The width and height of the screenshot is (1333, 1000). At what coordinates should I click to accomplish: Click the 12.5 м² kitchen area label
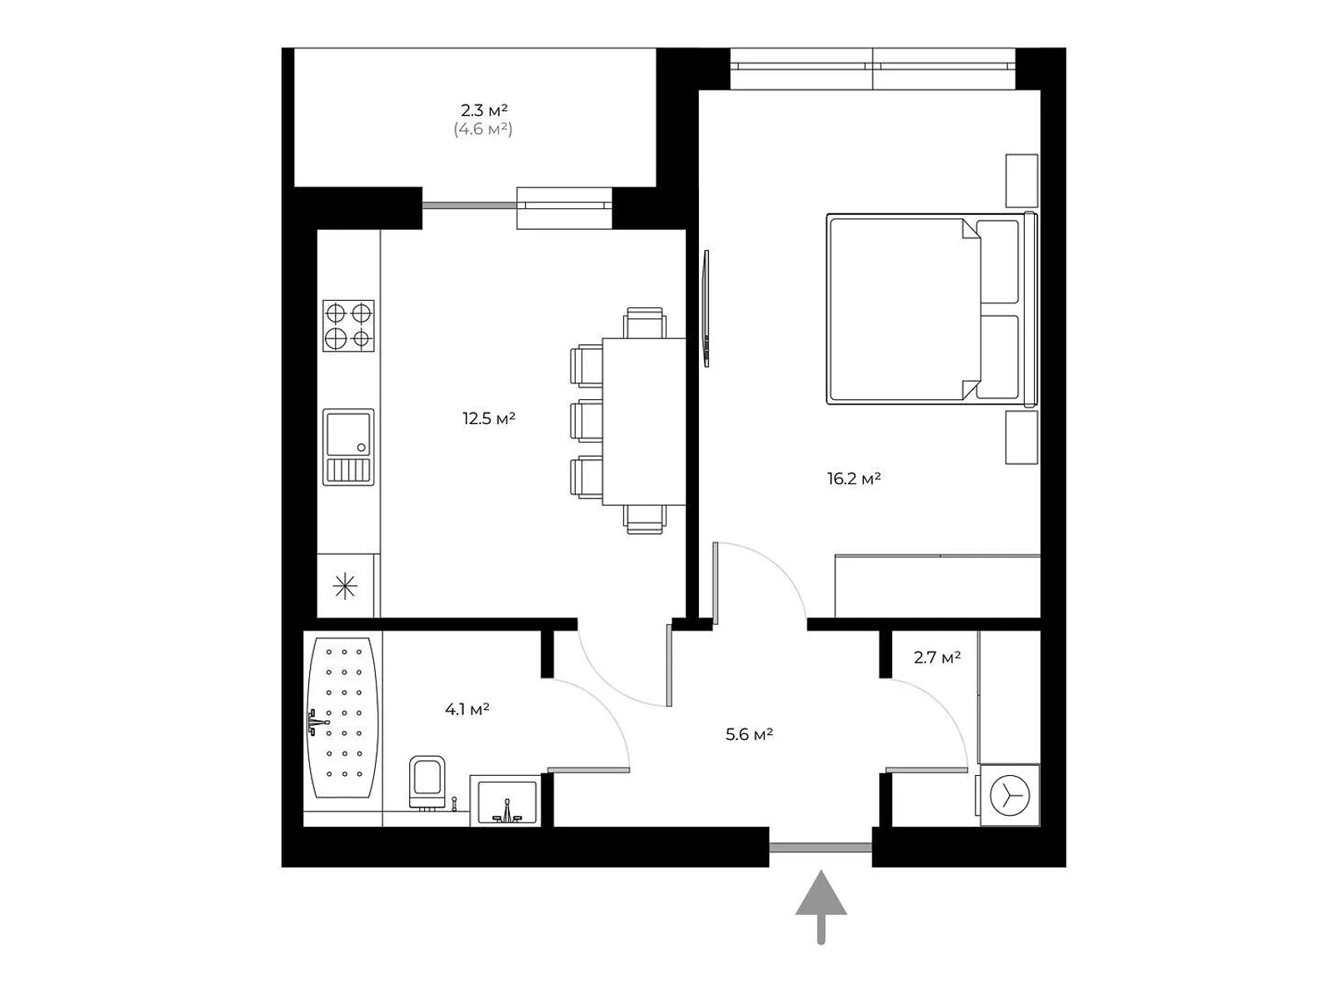click(x=489, y=418)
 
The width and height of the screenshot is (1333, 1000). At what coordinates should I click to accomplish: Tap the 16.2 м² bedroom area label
click(x=854, y=479)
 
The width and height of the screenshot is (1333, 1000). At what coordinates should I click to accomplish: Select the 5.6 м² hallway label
click(x=749, y=735)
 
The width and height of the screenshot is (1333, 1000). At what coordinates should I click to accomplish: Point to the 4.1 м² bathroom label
click(x=467, y=710)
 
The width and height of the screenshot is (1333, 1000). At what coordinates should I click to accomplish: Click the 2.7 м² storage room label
click(x=936, y=657)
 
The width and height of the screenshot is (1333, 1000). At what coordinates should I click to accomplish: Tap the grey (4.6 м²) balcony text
click(x=482, y=129)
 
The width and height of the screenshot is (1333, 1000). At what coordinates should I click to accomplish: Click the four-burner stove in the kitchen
click(x=348, y=326)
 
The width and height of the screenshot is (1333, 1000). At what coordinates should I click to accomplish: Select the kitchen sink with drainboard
click(x=348, y=447)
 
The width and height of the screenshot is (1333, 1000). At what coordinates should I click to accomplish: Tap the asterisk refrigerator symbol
click(x=345, y=587)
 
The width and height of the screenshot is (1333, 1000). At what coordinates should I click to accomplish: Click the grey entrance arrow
click(x=821, y=905)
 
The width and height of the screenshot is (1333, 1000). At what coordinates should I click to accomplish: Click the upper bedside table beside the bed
click(x=1021, y=181)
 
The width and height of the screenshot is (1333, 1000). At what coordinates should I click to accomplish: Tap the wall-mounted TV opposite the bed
click(x=706, y=308)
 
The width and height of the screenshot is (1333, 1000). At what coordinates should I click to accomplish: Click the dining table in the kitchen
click(x=643, y=421)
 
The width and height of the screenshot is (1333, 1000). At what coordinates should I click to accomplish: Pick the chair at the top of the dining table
click(x=646, y=322)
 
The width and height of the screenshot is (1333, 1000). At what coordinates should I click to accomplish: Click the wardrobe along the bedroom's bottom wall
click(x=937, y=587)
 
